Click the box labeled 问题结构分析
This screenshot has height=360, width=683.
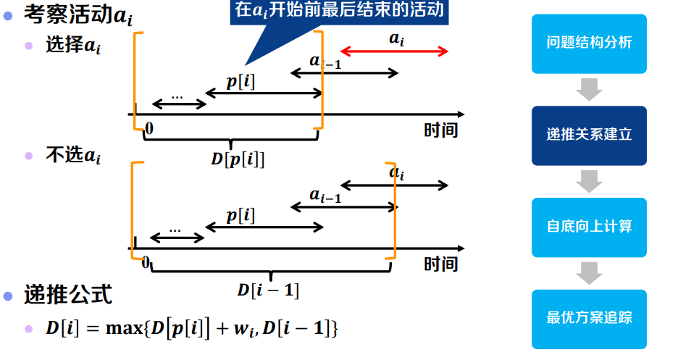[x=589, y=43]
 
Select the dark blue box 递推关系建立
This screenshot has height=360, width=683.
[x=589, y=135]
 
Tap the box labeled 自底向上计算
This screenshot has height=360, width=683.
[x=589, y=227]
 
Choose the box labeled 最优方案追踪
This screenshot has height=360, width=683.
[x=589, y=318]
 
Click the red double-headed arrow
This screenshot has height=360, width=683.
[x=395, y=51]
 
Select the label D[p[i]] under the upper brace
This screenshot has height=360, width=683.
[x=238, y=158]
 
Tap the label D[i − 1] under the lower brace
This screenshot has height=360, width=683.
[x=268, y=290]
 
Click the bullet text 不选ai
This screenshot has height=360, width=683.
[x=73, y=156]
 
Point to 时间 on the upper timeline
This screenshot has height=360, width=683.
[x=441, y=130]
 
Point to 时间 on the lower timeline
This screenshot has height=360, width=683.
[x=441, y=264]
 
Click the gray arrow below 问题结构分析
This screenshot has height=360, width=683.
[x=589, y=89]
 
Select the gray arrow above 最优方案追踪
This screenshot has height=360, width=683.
[x=589, y=272]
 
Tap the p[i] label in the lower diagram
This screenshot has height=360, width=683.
[x=240, y=214]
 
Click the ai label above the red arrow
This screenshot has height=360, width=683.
[x=397, y=38]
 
